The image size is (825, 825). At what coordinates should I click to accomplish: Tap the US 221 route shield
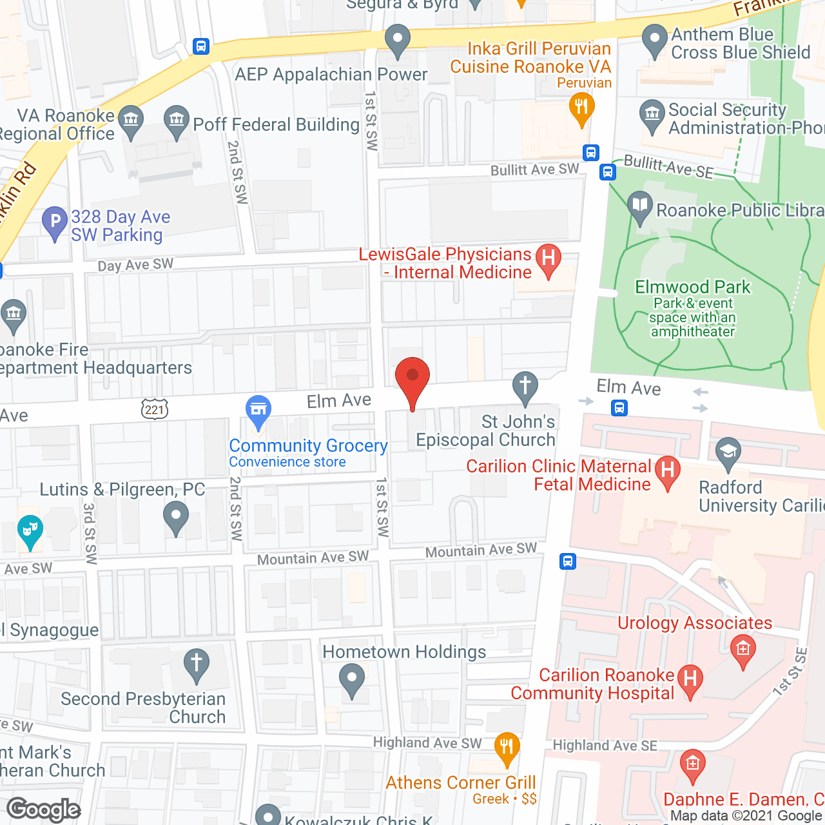[155, 409]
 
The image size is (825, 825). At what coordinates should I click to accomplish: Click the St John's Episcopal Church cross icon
[525, 387]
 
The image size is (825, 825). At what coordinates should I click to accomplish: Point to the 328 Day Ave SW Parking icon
[55, 223]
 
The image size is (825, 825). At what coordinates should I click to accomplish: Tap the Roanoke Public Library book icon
[639, 207]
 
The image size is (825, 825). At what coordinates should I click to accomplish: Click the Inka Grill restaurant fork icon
[581, 106]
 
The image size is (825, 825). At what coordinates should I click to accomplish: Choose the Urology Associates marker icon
[742, 648]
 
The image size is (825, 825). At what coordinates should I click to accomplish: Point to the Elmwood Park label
[693, 287]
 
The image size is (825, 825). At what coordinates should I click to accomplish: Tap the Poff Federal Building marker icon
[176, 120]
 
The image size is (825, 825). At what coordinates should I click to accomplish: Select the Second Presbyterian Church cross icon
[197, 663]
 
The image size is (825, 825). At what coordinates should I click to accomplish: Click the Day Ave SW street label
[135, 265]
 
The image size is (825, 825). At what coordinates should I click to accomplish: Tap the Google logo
[44, 810]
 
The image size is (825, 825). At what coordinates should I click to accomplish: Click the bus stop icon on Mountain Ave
[567, 561]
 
